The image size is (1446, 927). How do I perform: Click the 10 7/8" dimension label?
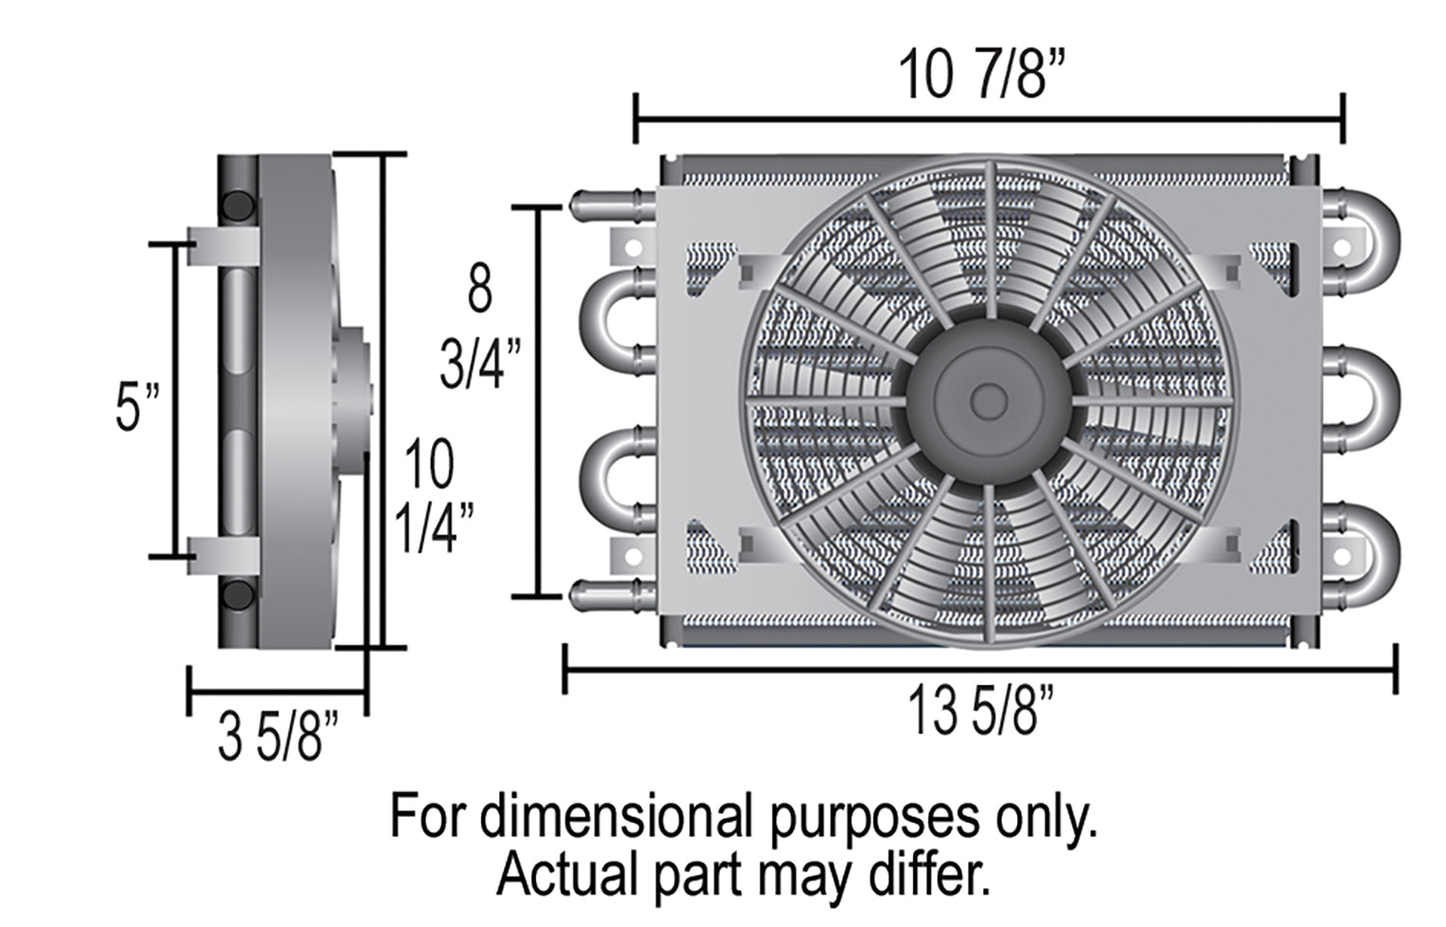(x=980, y=74)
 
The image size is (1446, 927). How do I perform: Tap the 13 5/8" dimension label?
(x=980, y=710)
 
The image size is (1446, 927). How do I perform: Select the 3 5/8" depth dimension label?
(x=279, y=736)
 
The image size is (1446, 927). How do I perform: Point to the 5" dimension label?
(x=137, y=406)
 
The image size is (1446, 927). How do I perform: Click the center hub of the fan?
(x=988, y=401)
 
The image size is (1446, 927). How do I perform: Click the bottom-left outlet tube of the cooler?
(x=613, y=595)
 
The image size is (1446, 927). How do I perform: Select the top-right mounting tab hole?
(x=1342, y=247)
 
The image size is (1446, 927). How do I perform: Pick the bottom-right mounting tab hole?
(x=1342, y=557)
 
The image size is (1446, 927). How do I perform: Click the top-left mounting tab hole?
(x=633, y=247)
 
